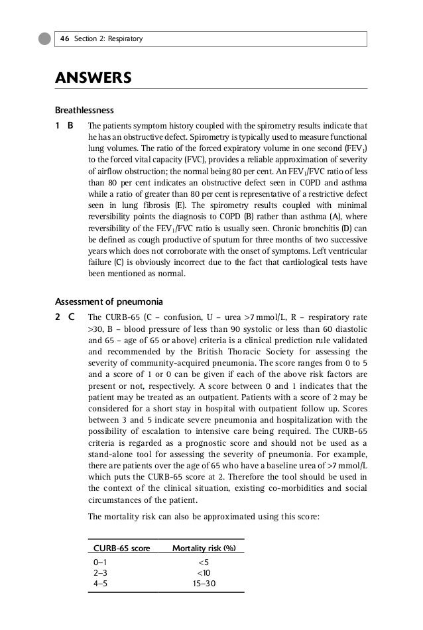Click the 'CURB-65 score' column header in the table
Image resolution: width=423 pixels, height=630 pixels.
point(121,548)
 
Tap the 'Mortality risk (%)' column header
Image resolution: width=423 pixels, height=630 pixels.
point(204,548)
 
